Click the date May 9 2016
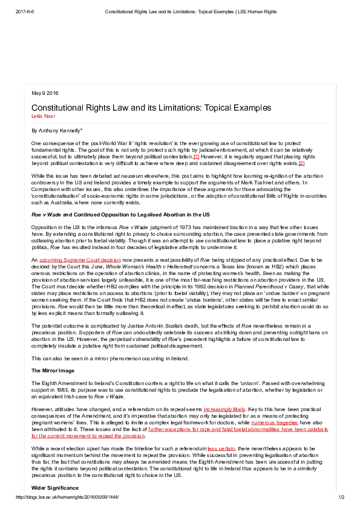click(x=45, y=92)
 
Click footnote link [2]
click(x=301, y=163)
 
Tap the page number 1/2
click(x=341, y=497)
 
